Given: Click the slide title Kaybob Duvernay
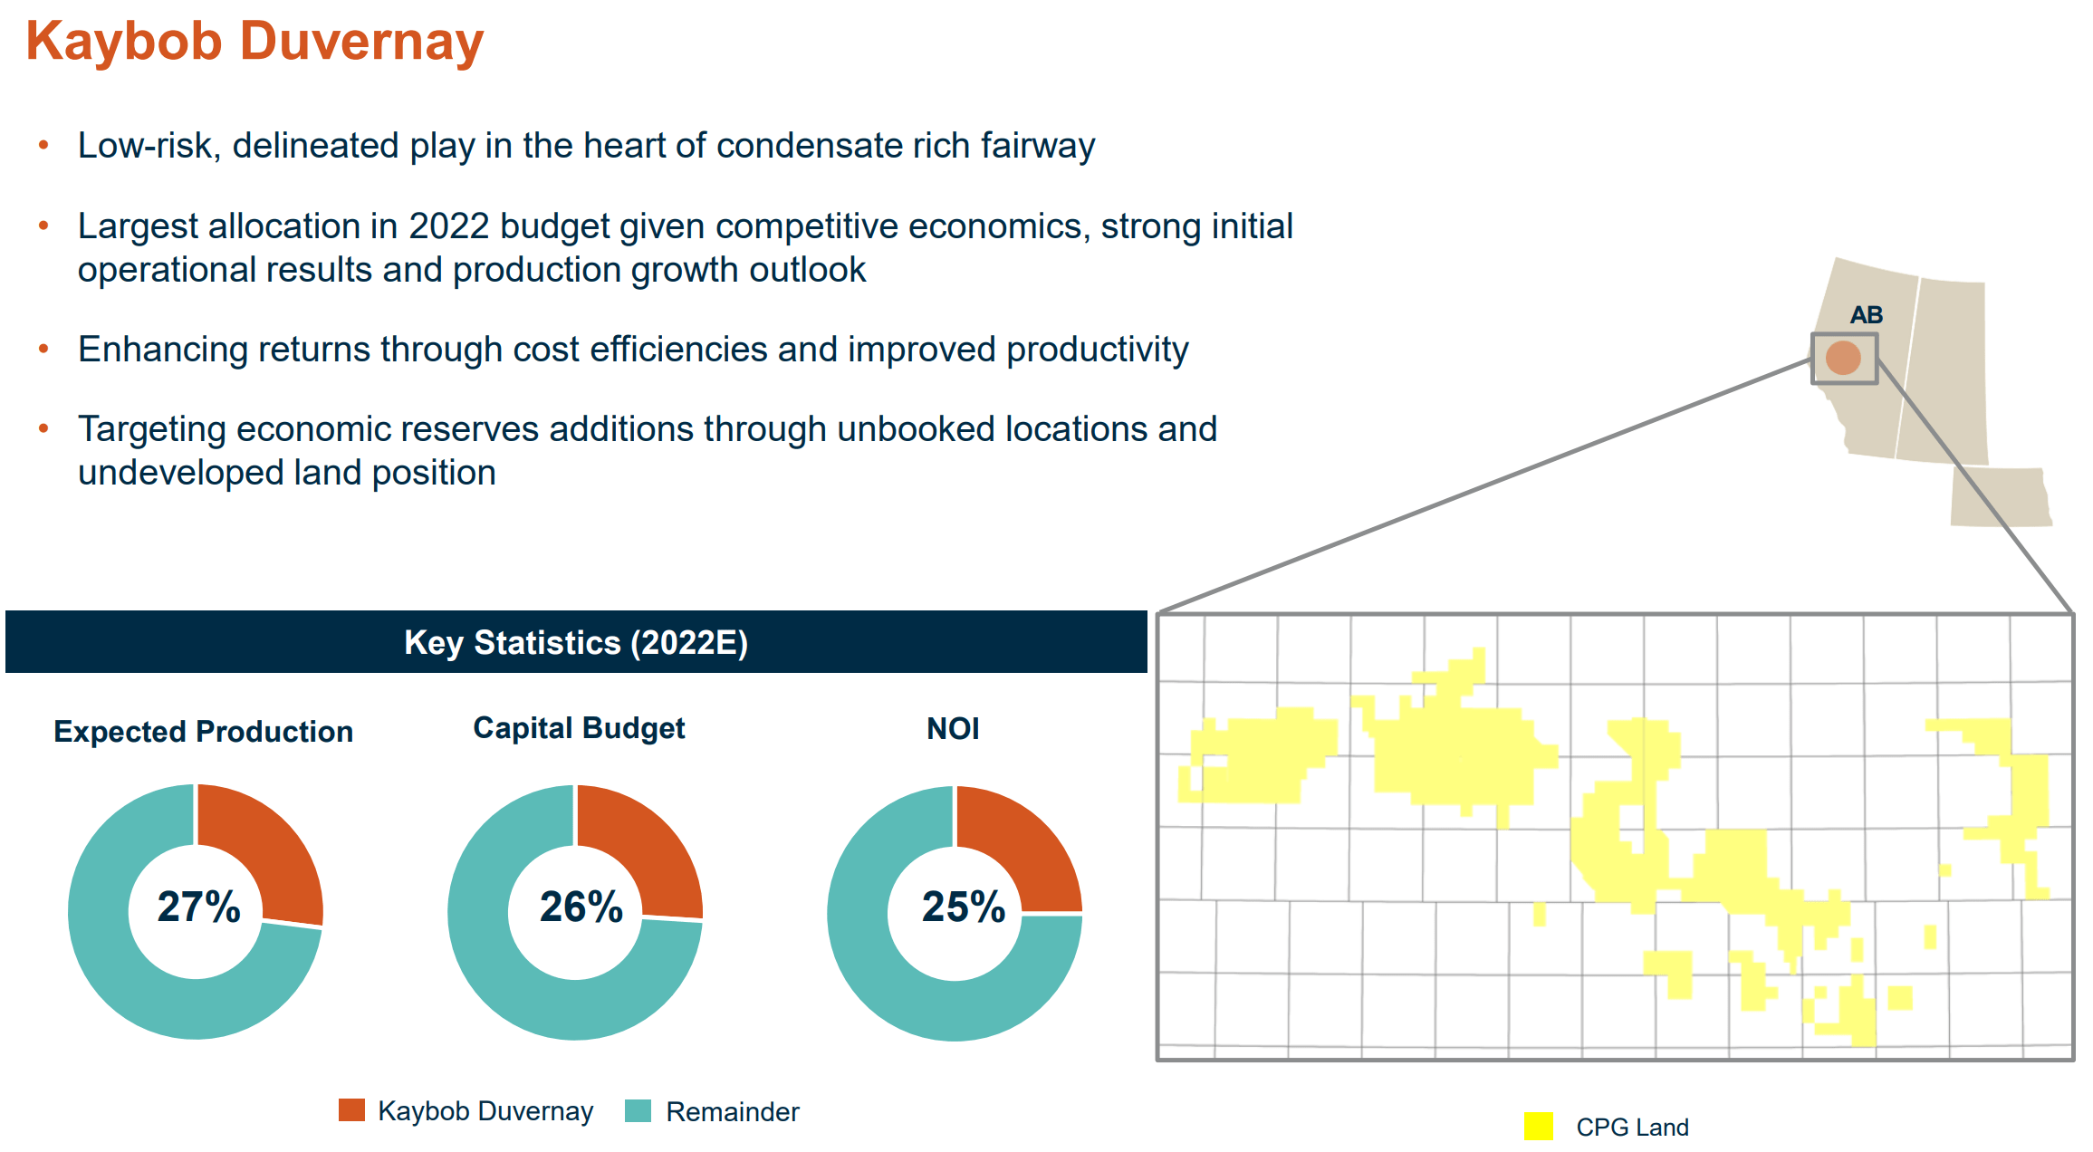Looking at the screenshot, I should (x=254, y=42).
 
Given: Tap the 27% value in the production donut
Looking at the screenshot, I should (x=198, y=907).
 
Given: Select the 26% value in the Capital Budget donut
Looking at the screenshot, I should (x=581, y=907).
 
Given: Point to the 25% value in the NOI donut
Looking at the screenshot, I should (x=963, y=907).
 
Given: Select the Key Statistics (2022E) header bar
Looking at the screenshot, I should (x=576, y=642).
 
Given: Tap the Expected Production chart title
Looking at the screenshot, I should (x=203, y=732).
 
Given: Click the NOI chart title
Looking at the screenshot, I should (x=953, y=728).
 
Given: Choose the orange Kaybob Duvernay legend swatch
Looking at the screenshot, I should (x=351, y=1110).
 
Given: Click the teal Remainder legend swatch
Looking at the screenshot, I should (x=638, y=1110).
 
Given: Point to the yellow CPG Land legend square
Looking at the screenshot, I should (x=1538, y=1127).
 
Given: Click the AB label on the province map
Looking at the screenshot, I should (x=1866, y=315).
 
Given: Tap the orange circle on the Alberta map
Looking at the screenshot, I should (x=1843, y=358).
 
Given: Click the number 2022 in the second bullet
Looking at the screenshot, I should (x=448, y=226).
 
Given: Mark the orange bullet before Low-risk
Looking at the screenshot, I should (x=43, y=145).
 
